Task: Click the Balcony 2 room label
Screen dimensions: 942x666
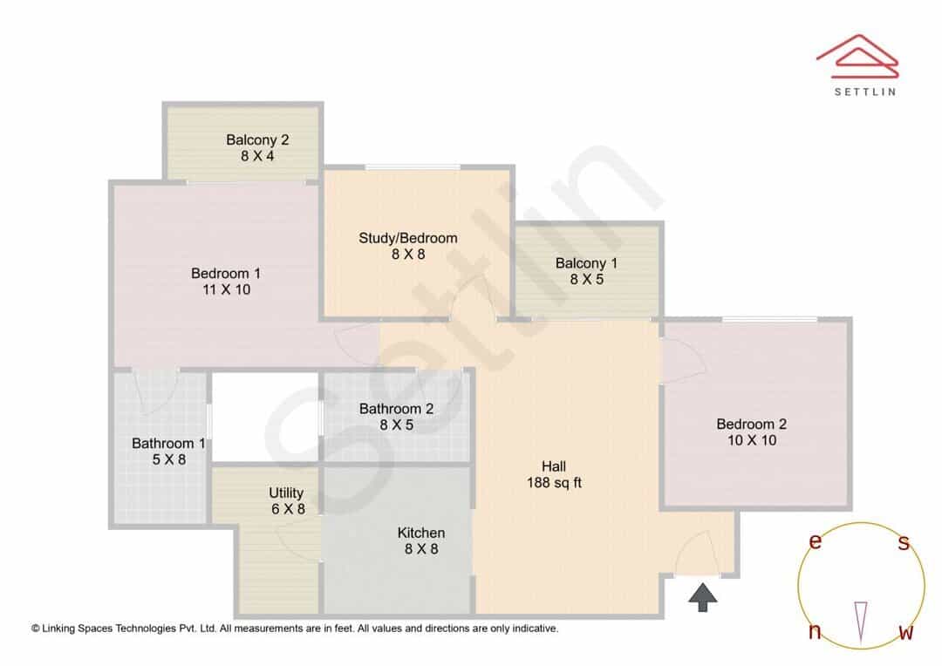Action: tap(257, 140)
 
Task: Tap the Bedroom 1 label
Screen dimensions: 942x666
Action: tap(226, 273)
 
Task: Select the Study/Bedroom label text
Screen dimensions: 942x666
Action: tap(408, 238)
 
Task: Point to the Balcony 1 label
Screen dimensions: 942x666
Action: tap(586, 263)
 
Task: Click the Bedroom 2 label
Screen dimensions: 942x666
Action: tap(752, 424)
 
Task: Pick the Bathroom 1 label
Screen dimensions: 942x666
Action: tap(169, 443)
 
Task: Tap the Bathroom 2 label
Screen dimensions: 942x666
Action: tap(397, 408)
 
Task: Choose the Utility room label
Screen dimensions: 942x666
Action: tap(286, 493)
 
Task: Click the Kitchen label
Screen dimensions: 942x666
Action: tap(421, 533)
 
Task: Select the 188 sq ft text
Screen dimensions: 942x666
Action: tap(554, 482)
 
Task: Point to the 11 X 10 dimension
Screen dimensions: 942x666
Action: tap(227, 289)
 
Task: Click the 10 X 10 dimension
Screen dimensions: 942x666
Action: tap(752, 440)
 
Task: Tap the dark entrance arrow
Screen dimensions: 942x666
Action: tap(702, 597)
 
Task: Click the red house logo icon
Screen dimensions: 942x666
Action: tap(857, 56)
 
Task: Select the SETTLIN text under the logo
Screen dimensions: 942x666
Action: tap(865, 92)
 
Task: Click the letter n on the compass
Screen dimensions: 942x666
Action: tap(815, 632)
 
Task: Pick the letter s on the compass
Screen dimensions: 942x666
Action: tap(904, 542)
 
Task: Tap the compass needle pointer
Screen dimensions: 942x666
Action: tap(861, 622)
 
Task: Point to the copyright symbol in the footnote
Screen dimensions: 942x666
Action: tap(36, 629)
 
